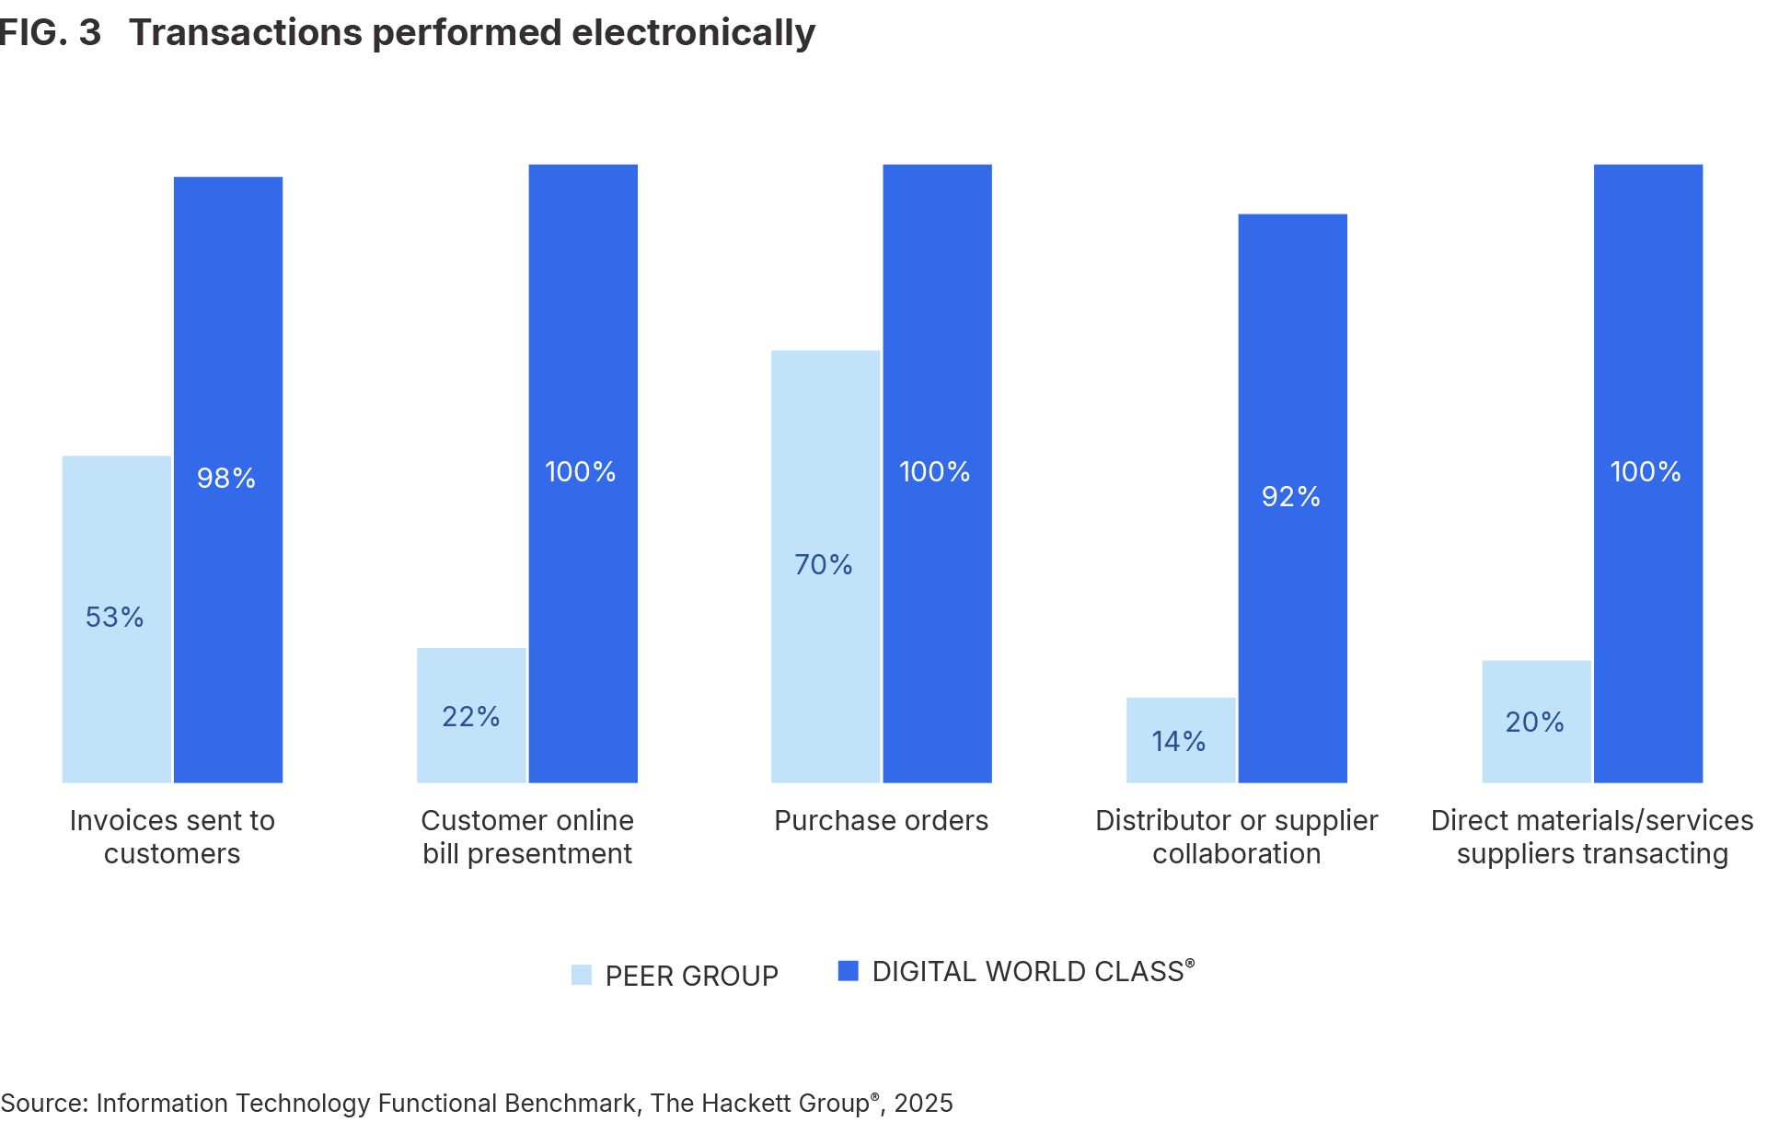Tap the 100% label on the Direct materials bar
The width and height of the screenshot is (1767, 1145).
1646,472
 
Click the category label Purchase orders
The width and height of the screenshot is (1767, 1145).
881,820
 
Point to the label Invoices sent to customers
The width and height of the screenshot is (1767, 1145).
172,837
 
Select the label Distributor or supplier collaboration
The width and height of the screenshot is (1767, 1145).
1236,837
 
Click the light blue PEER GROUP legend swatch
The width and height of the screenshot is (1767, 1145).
582,975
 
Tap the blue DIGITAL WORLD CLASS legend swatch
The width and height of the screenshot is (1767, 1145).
848,970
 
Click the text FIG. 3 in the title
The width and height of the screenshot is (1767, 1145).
50,33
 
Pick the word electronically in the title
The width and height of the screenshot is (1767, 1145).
693,33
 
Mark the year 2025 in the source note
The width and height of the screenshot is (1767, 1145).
923,1103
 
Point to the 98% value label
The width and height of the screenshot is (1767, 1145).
226,479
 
